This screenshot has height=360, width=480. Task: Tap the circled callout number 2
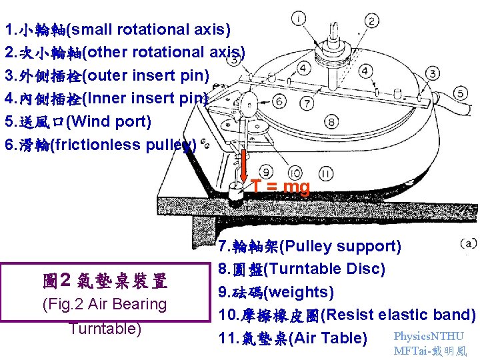click(373, 22)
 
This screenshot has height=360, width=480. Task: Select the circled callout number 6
click(279, 101)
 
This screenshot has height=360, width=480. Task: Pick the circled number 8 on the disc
click(332, 122)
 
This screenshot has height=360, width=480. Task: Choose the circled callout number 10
click(293, 172)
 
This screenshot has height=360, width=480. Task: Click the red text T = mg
click(280, 187)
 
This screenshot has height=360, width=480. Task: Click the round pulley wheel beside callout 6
click(248, 105)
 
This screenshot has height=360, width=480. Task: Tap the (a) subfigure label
click(468, 244)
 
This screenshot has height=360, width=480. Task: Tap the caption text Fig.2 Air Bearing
click(104, 304)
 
